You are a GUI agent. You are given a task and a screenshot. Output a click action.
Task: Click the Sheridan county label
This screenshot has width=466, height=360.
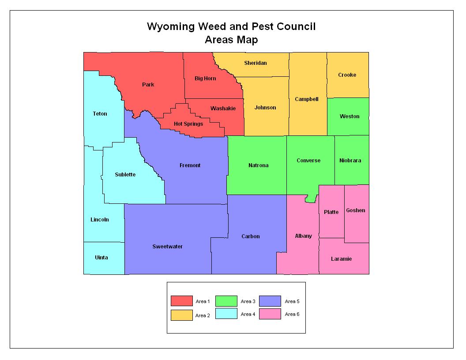tap(256, 63)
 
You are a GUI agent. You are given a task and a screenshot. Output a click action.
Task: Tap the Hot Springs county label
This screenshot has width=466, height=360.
tap(188, 124)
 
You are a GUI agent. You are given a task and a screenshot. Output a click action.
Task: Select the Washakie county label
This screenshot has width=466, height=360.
tap(223, 109)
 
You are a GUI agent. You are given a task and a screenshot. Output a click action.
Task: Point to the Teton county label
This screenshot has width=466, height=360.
tap(100, 114)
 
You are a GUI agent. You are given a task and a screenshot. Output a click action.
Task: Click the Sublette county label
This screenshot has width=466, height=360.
tap(125, 175)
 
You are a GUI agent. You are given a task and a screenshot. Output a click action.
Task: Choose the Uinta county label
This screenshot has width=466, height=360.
tap(101, 258)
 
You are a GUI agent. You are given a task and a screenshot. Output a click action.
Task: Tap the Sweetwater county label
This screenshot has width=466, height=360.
tap(167, 247)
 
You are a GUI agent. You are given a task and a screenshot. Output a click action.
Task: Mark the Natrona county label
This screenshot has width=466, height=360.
tap(258, 165)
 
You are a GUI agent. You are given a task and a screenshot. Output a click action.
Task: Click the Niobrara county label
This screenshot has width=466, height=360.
tap(350, 161)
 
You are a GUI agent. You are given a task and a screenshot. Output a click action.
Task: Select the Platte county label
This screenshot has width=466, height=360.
tap(331, 212)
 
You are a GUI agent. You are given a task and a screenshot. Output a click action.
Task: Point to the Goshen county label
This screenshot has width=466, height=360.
tap(355, 210)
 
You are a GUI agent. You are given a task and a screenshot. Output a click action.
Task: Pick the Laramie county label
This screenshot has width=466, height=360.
tap(341, 259)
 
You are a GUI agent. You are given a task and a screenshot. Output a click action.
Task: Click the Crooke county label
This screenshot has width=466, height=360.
tap(347, 75)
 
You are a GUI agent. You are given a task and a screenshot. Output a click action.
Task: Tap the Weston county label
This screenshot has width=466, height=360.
tap(349, 116)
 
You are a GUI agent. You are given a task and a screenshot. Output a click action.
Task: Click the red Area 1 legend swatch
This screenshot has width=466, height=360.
tap(182, 301)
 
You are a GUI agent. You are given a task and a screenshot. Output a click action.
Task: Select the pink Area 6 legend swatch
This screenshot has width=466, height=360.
tap(270, 314)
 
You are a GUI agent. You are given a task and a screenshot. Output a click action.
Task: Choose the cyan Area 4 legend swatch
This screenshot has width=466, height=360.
tap(226, 314)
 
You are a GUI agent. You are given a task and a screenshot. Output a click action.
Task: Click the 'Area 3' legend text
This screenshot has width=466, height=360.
tap(248, 301)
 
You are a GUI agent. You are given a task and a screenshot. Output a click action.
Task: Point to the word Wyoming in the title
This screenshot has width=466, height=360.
tap(170, 26)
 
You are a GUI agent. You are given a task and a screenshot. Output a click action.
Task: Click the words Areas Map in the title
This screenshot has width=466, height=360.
tap(231, 40)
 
